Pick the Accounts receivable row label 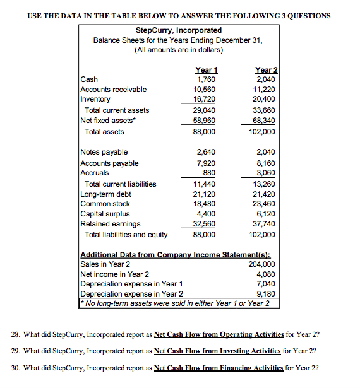pos(114,90)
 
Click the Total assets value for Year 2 pos(262,132)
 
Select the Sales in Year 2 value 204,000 pos(262,264)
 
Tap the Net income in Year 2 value pos(266,274)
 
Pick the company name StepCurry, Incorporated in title pos(179,30)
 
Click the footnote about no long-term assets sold pos(175,303)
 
